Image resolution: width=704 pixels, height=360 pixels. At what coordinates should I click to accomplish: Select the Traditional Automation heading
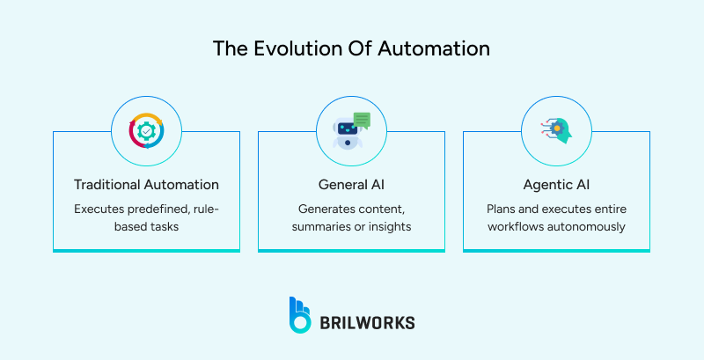pyautogui.click(x=146, y=185)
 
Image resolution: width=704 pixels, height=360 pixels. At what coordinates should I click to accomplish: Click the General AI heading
pyautogui.click(x=351, y=185)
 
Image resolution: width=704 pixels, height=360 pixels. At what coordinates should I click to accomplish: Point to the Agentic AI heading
pyautogui.click(x=556, y=185)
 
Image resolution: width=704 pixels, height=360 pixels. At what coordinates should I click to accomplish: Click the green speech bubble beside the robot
pyautogui.click(x=362, y=121)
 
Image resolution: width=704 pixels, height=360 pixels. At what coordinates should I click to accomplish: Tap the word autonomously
pyautogui.click(x=589, y=227)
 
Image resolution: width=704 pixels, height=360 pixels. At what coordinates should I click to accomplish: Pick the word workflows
pyautogui.click(x=519, y=227)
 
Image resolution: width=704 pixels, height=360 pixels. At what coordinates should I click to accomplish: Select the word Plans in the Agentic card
pyautogui.click(x=502, y=209)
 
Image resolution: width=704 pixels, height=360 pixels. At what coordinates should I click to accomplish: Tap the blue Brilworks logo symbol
pyautogui.click(x=299, y=315)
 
